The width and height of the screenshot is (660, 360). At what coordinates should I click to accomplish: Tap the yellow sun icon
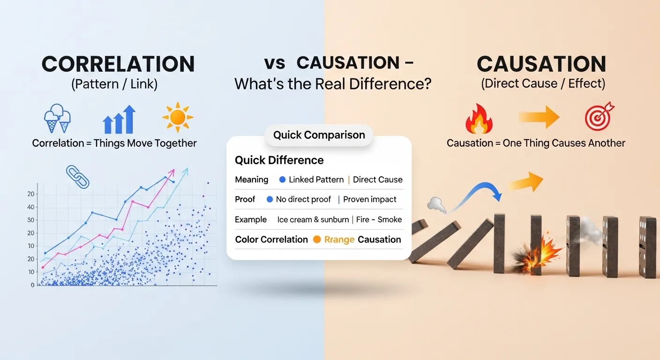tap(178, 118)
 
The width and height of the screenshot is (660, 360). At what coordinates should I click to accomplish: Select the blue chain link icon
tap(77, 176)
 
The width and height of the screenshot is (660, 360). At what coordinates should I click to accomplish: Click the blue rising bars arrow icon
tap(119, 120)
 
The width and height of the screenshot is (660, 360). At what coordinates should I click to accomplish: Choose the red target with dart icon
tap(600, 116)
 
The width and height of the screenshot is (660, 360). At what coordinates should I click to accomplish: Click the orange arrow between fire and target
tap(539, 117)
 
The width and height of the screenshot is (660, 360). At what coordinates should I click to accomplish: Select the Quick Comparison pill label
tap(319, 135)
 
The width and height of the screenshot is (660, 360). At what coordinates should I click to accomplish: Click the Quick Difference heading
tap(279, 160)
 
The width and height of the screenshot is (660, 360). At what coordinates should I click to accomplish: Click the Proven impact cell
tap(370, 199)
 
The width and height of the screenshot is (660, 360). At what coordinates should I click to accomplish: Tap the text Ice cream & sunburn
tap(313, 219)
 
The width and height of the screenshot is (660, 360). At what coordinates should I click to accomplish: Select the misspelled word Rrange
tap(339, 240)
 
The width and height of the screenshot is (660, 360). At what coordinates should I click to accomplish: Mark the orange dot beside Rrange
tap(317, 240)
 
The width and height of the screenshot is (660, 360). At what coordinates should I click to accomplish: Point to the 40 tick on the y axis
tap(31, 207)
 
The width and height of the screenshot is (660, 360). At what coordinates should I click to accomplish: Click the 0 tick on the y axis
tap(33, 285)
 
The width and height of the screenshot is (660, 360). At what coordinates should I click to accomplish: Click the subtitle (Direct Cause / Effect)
tap(543, 84)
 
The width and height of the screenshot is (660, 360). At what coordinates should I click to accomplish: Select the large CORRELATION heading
tap(118, 64)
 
